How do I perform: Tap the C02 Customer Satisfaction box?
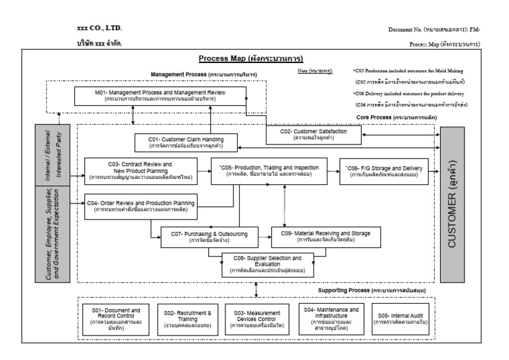pyautogui.click(x=314, y=135)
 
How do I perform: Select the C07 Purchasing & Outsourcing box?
pyautogui.click(x=194, y=237)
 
